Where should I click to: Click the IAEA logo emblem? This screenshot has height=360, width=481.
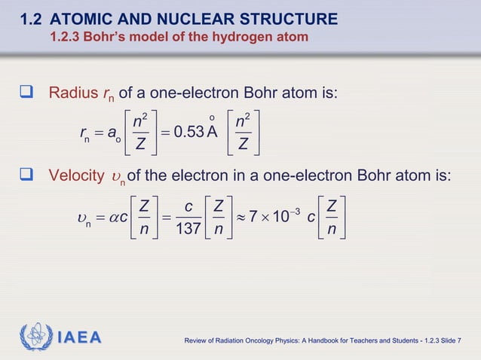pyautogui.click(x=35, y=337)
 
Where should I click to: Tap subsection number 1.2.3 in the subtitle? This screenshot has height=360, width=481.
pyautogui.click(x=66, y=37)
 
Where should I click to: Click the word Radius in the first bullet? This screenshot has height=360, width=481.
pyautogui.click(x=73, y=94)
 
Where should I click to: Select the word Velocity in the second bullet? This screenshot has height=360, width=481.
pyautogui.click(x=77, y=175)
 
